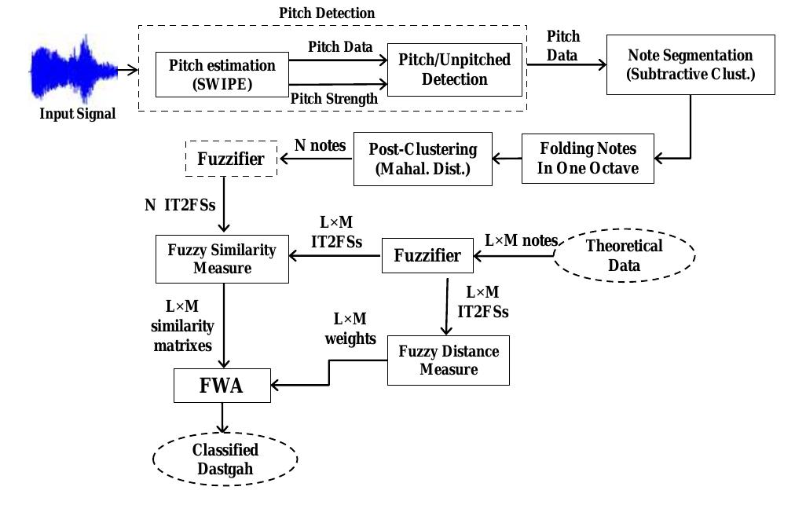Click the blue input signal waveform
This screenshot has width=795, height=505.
coord(72,71)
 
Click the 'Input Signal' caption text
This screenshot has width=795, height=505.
coord(78,114)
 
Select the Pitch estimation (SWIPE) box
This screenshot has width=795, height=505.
coord(222,74)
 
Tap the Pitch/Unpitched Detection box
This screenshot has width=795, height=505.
coord(454,69)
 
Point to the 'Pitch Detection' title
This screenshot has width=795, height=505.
coord(328,13)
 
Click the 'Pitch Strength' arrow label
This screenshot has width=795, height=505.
coord(334,99)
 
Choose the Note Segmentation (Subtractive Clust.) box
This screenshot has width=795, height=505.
coord(690,64)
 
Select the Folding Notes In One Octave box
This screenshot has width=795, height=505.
coord(588,158)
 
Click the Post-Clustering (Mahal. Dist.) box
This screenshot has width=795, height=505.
coord(423,158)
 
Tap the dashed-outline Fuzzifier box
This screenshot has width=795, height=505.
coord(230,159)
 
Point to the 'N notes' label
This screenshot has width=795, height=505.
coord(320,145)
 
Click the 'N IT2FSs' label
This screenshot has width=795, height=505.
coord(179,206)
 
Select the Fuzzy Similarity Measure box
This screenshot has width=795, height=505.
coord(222,259)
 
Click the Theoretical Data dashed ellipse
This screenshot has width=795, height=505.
coord(624,255)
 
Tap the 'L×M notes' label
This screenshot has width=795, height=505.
coord(521,240)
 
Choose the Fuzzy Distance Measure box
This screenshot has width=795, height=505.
coord(448,360)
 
